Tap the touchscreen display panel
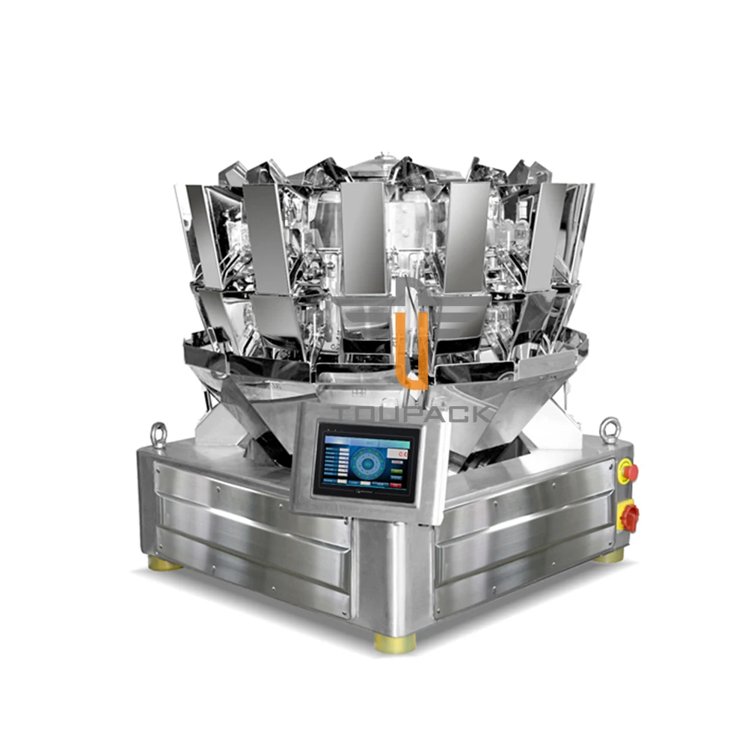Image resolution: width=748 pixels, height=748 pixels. [366, 461]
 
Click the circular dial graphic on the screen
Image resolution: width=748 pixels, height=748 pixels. [367, 462]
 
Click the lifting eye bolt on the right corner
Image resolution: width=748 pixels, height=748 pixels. [610, 429]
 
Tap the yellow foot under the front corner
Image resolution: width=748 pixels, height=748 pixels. [396, 643]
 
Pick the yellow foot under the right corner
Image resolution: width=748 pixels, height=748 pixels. [609, 556]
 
